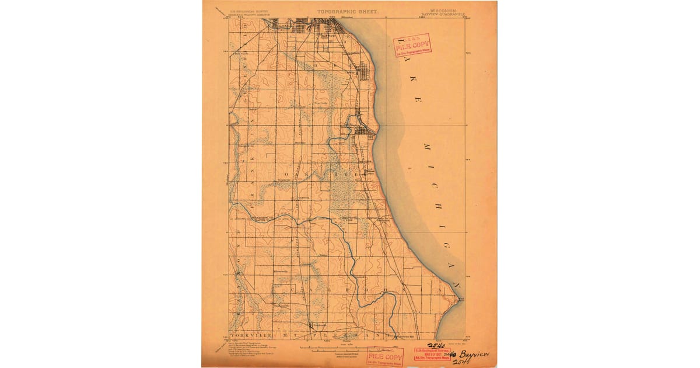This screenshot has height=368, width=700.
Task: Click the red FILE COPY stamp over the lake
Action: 412,45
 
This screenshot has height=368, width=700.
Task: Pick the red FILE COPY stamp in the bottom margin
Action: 385,357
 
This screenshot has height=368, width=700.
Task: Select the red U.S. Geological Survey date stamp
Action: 430,353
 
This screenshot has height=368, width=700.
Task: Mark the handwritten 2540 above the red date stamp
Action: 436,345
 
